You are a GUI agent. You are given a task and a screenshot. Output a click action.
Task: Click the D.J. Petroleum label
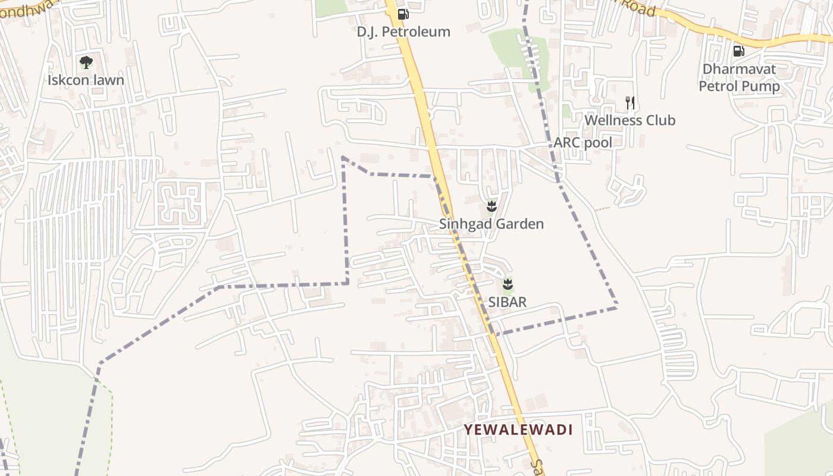point(403,32)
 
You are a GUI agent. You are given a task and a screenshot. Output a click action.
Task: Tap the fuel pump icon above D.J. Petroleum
point(403,14)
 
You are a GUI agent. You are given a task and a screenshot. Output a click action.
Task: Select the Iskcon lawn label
point(86,80)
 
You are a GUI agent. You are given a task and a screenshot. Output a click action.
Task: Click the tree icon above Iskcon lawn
point(86,62)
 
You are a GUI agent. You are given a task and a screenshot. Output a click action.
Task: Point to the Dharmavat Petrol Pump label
point(739,77)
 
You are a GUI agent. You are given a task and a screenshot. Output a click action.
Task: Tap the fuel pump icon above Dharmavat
point(739,51)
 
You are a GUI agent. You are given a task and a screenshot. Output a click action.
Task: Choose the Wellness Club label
point(630,120)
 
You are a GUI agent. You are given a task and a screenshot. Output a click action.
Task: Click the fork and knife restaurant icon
point(630,103)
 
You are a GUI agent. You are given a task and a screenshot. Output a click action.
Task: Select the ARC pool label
point(583,142)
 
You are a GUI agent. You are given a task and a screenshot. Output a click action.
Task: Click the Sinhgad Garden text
point(491,224)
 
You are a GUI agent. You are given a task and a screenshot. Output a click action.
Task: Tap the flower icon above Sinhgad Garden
point(491,206)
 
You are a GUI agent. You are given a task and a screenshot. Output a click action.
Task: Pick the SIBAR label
point(508,302)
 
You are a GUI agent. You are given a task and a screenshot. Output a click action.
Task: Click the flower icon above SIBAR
point(508,284)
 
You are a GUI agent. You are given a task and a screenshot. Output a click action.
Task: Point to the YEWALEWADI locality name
point(518,430)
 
